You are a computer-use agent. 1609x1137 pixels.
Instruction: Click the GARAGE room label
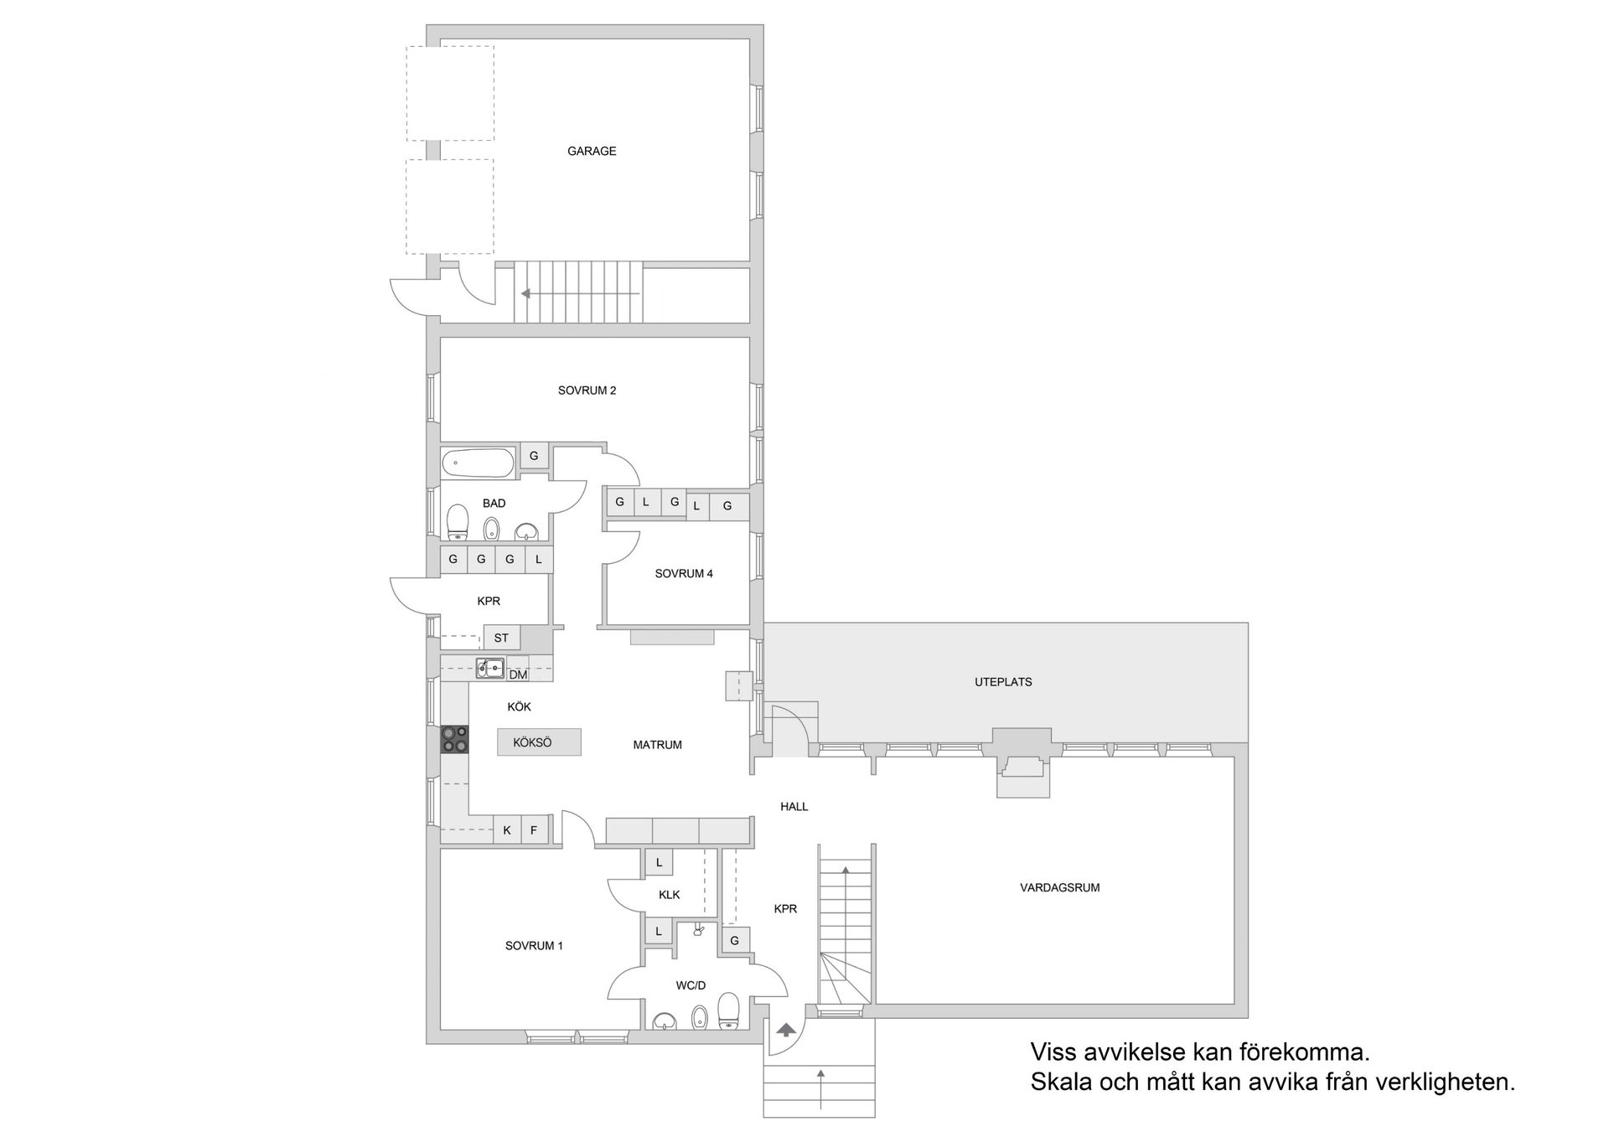(x=592, y=152)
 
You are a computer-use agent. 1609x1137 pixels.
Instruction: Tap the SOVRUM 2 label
(x=587, y=390)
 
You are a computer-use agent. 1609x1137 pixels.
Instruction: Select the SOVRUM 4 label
(x=684, y=574)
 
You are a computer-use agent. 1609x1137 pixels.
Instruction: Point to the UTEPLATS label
(x=1003, y=682)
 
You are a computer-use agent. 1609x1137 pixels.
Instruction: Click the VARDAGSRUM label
(x=1059, y=887)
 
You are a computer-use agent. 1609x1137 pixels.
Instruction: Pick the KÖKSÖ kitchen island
(x=539, y=742)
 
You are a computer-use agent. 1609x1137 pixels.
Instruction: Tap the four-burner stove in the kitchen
(x=455, y=740)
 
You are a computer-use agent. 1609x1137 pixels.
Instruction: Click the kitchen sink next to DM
(x=490, y=668)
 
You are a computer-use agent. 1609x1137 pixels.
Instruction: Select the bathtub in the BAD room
(x=478, y=462)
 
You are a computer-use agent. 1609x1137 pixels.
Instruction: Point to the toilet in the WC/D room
(x=728, y=1010)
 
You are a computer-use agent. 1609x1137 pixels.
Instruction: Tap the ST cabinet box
(x=501, y=638)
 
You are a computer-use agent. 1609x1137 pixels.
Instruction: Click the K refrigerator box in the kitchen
(x=507, y=830)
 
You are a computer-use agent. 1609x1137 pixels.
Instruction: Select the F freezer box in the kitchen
(x=534, y=830)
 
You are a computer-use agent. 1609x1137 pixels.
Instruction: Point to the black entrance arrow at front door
(x=787, y=1029)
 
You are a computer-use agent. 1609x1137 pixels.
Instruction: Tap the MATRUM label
(x=657, y=745)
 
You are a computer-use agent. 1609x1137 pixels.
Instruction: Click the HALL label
(x=794, y=807)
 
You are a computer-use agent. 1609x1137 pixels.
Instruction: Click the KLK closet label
(x=669, y=895)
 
